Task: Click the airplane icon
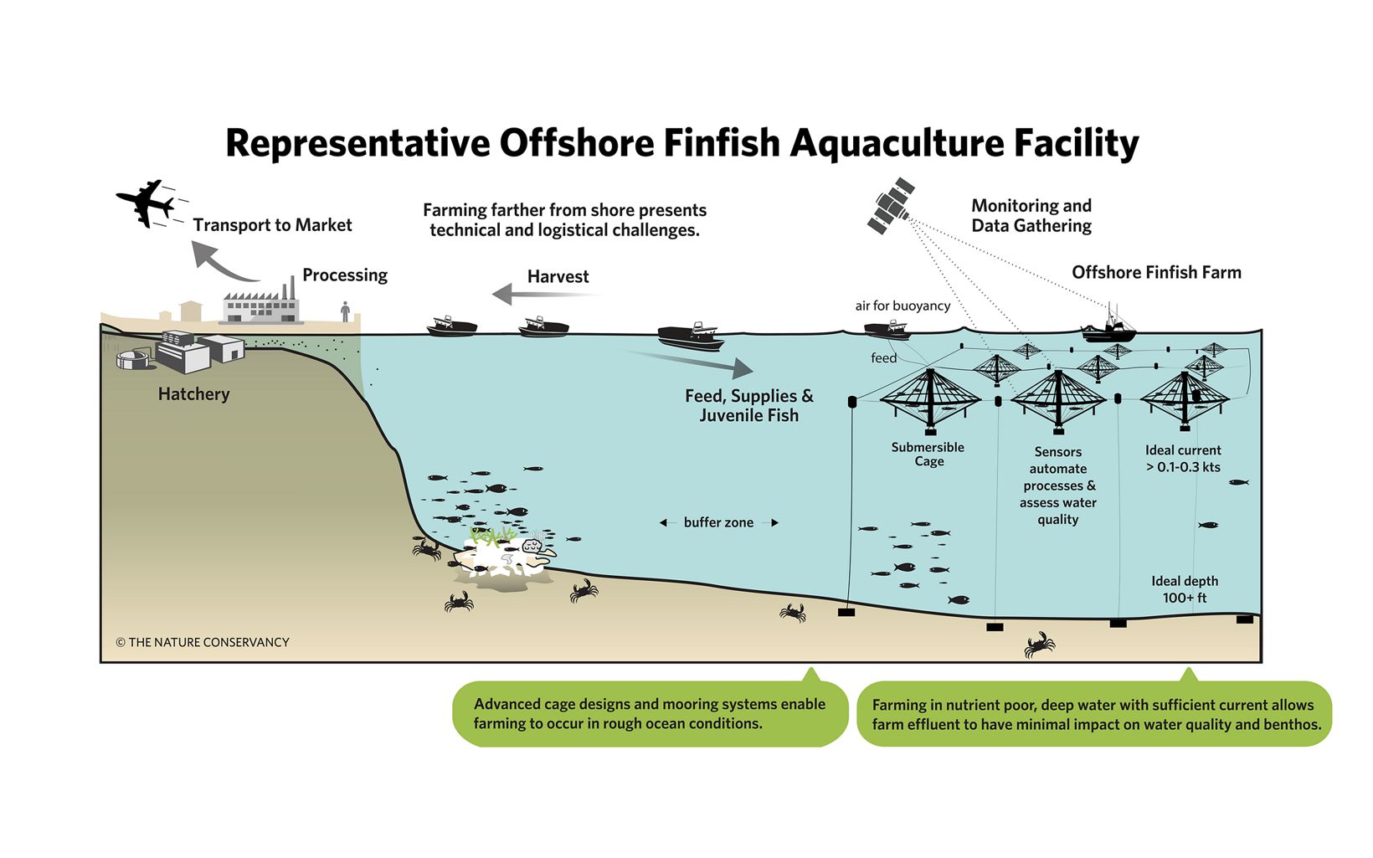pyautogui.click(x=145, y=202)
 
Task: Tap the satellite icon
pyautogui.click(x=891, y=205)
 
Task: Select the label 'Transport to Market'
pyautogui.click(x=272, y=225)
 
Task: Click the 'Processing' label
pyautogui.click(x=345, y=275)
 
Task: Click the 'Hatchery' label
pyautogui.click(x=193, y=394)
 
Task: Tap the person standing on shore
pyautogui.click(x=345, y=311)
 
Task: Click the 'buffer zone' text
pyautogui.click(x=718, y=522)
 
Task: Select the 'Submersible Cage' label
pyautogui.click(x=928, y=455)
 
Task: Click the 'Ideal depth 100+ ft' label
pyautogui.click(x=1185, y=589)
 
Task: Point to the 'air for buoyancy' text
pyautogui.click(x=902, y=306)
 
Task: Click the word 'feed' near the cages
pyautogui.click(x=883, y=358)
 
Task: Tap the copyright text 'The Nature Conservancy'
pyautogui.click(x=203, y=642)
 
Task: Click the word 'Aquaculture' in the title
pyautogui.click(x=895, y=143)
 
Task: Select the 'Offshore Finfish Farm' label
pyautogui.click(x=1156, y=273)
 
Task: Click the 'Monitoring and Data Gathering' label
pyautogui.click(x=1031, y=216)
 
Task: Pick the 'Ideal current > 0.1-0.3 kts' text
pyautogui.click(x=1183, y=459)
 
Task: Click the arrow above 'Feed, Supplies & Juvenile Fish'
pyautogui.click(x=691, y=361)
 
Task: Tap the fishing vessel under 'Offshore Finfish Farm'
pyautogui.click(x=1109, y=329)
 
